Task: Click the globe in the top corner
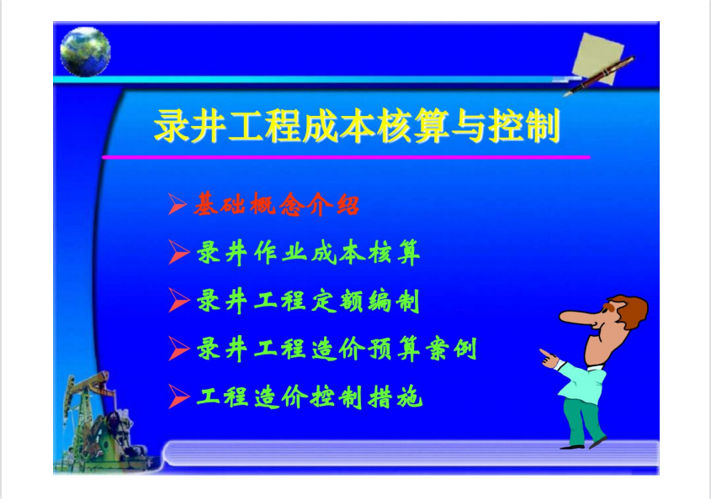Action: tap(85, 51)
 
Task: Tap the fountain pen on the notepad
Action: tap(599, 75)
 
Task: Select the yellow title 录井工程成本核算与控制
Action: tap(357, 125)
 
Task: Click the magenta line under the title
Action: tap(346, 157)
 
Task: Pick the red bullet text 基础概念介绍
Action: tap(277, 205)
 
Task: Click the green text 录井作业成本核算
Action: tap(308, 253)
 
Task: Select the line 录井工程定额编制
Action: tap(308, 301)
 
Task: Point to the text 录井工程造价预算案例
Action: tap(337, 349)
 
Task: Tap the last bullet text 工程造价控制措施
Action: tap(310, 397)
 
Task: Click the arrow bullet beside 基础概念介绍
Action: tap(177, 204)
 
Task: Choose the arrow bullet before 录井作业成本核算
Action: tap(178, 252)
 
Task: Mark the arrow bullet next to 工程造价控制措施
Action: tap(178, 397)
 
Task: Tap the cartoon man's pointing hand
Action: tap(549, 358)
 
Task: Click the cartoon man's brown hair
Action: tap(629, 309)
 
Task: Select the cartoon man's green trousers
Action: tap(584, 420)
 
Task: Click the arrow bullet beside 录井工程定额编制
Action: tap(178, 300)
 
